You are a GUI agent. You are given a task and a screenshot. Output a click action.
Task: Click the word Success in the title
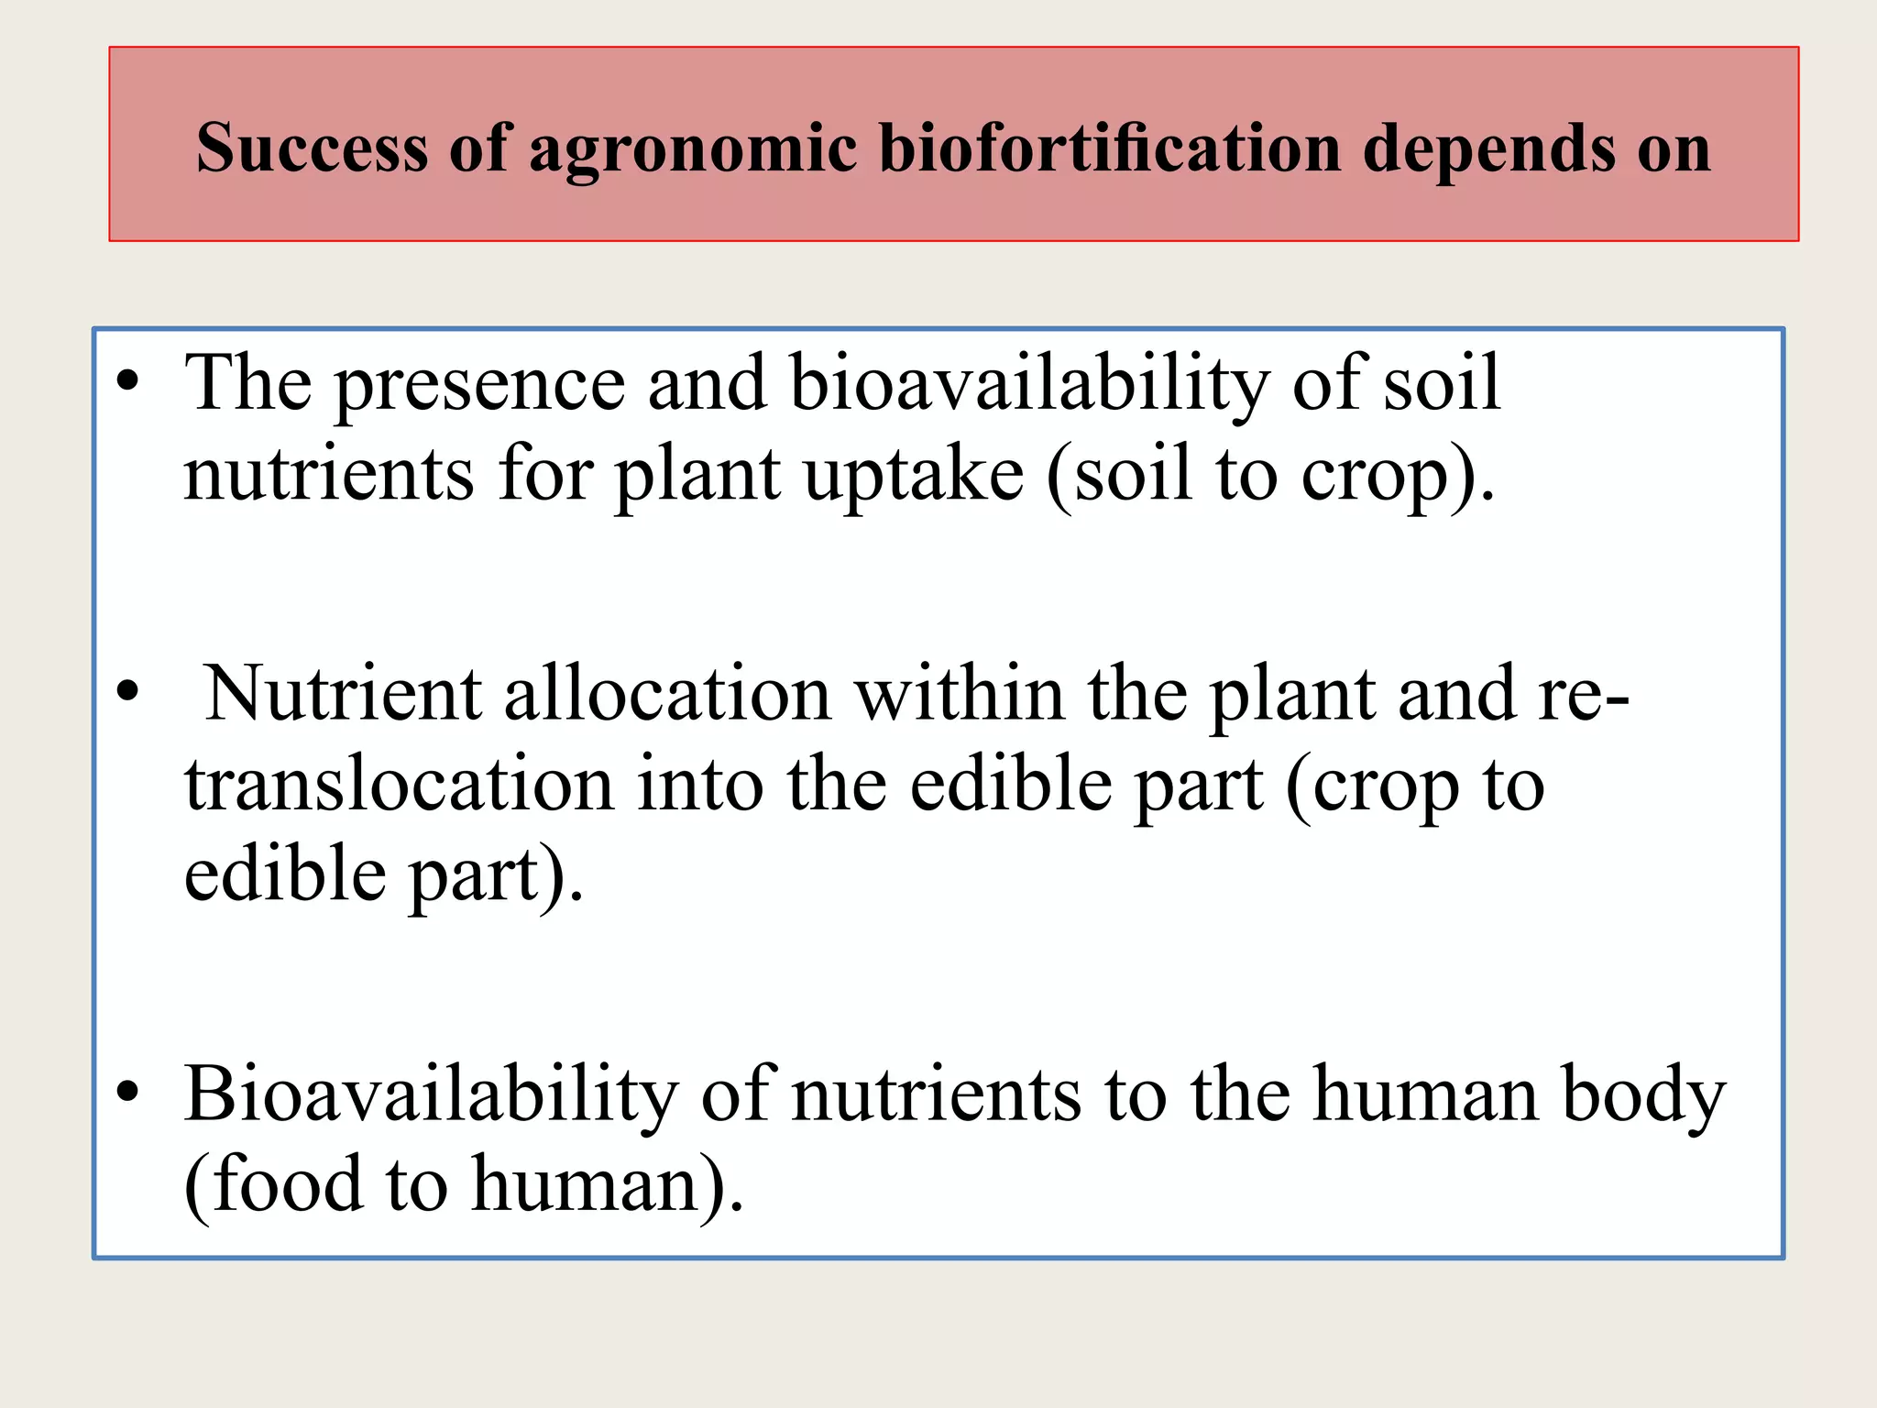pos(312,148)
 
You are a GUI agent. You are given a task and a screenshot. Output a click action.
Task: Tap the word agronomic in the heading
pos(693,149)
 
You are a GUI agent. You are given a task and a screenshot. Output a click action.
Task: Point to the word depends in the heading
pos(1489,149)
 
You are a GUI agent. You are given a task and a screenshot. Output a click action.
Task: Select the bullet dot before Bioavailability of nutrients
pos(128,1091)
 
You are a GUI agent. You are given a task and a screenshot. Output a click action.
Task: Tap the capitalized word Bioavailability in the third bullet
pos(432,1094)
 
